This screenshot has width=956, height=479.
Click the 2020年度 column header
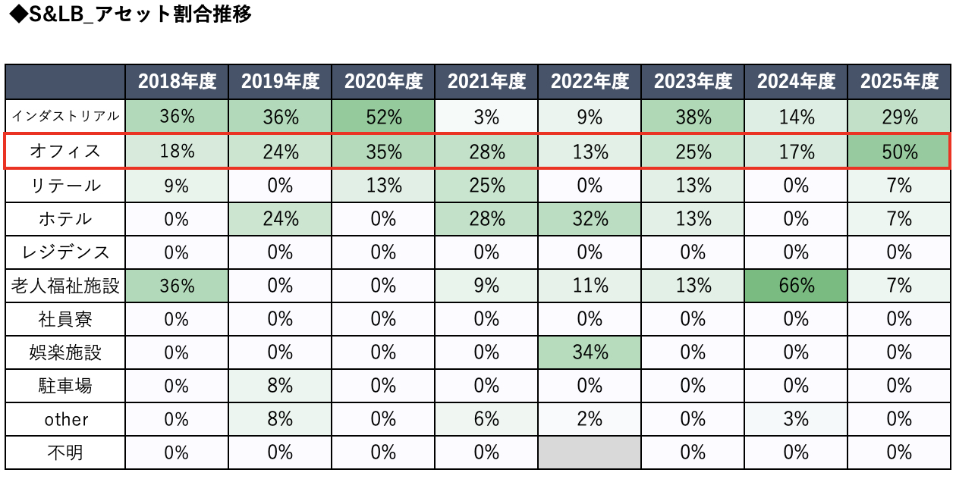[383, 81]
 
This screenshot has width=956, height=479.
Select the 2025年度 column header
[899, 81]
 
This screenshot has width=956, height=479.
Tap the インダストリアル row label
[65, 116]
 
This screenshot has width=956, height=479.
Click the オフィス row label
[65, 152]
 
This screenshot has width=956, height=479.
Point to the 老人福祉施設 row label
[65, 286]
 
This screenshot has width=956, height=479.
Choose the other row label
[66, 419]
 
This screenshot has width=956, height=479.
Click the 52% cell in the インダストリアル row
[383, 117]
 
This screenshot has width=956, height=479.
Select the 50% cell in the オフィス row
[899, 152]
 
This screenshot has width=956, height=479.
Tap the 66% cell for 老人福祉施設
[796, 286]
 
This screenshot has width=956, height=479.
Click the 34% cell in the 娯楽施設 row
[590, 352]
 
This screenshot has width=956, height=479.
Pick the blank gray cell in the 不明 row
[590, 452]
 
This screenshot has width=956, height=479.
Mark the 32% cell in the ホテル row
[590, 218]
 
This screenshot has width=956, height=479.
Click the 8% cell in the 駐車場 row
[280, 386]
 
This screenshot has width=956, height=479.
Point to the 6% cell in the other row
[486, 419]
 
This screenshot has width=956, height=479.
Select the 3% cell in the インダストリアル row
[486, 117]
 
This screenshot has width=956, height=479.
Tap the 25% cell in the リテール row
[486, 186]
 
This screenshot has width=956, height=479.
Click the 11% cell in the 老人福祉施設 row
[590, 286]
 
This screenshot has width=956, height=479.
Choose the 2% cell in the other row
[590, 419]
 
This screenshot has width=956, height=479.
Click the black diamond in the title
[19, 14]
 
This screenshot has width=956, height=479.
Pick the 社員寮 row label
[65, 319]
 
